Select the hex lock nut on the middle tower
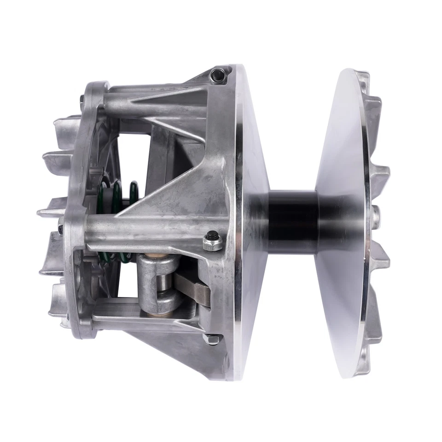(x=212, y=241)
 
